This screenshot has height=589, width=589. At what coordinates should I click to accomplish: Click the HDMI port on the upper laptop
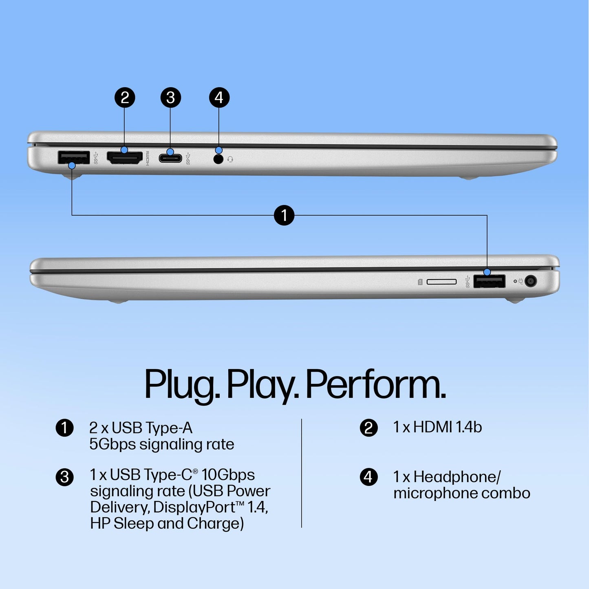[124, 158]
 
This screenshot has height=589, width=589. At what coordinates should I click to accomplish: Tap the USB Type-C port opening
[170, 158]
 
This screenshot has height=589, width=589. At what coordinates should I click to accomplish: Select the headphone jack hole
[218, 159]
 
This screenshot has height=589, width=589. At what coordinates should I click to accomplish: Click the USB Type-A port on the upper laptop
[74, 158]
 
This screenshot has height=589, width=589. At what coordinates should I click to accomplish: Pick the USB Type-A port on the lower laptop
[489, 281]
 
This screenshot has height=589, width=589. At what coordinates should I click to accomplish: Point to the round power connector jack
[531, 281]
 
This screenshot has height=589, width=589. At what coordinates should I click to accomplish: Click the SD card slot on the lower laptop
[441, 282]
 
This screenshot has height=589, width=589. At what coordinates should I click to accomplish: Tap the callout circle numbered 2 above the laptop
[125, 98]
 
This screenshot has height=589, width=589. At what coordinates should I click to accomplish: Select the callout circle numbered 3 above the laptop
[170, 98]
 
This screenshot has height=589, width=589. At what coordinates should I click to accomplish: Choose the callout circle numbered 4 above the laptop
[219, 98]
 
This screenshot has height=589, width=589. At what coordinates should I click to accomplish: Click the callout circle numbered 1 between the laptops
[284, 215]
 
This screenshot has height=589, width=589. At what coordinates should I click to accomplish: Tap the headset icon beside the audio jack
[230, 159]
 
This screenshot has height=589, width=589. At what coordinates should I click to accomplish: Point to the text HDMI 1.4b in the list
[448, 427]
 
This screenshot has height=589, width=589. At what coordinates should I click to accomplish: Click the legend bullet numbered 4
[368, 477]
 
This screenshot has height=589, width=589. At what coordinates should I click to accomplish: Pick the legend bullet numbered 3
[64, 477]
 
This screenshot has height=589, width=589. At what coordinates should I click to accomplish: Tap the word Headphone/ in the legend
[457, 477]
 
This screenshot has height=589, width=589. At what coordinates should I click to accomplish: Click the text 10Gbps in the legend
[228, 475]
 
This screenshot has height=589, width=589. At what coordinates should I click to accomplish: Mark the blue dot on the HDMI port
[124, 150]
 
